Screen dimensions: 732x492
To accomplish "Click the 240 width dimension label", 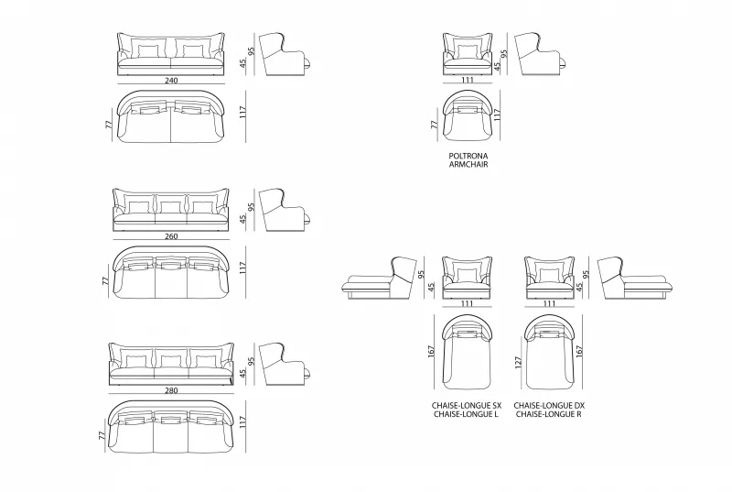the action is tap(171, 81).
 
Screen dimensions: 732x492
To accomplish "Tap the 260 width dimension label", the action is tap(171, 236).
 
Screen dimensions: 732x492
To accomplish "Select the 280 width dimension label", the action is tap(171, 390).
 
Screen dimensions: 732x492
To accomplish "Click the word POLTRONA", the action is tap(468, 156).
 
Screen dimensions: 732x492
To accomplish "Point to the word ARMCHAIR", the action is tap(468, 165).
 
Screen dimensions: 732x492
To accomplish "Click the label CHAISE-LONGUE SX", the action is tap(467, 406).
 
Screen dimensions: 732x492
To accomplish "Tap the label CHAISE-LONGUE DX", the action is tap(549, 406).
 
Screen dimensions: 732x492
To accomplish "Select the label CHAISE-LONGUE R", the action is tap(548, 414).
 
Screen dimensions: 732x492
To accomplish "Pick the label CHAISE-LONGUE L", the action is tap(466, 414).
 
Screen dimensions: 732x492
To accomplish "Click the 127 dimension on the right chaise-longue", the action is tap(518, 363).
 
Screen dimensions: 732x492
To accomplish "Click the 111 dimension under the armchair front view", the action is tap(468, 80).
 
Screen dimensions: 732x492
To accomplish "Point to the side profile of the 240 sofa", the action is tap(285, 54).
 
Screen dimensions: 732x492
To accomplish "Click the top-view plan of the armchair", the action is tap(468, 115).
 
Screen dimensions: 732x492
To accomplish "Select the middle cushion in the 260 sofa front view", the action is tap(170, 207).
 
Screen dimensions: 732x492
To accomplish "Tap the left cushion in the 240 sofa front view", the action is tap(148, 51).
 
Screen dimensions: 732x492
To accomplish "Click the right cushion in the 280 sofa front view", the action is tap(206, 361).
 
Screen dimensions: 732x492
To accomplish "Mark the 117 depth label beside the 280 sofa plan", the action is tap(242, 422).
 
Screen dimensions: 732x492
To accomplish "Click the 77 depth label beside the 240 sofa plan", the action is tap(109, 125).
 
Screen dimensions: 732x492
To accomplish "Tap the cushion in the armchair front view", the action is tap(467, 51).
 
